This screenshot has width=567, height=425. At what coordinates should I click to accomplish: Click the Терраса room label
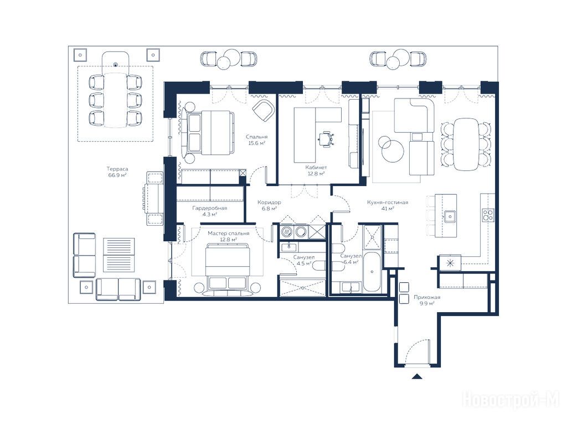point(117,169)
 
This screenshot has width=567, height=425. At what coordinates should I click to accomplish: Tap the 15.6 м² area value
point(257,143)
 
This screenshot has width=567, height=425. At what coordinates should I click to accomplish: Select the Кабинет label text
point(316,168)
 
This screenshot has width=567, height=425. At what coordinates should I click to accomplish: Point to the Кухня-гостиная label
point(388,203)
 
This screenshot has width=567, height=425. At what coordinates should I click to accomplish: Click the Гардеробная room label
point(210,208)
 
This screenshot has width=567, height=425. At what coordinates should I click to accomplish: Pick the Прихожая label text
point(427,297)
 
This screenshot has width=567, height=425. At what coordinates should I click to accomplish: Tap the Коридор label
point(269,203)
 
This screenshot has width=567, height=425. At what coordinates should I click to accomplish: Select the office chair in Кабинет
point(326,139)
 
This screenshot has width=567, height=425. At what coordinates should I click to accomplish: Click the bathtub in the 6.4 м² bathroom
point(372,272)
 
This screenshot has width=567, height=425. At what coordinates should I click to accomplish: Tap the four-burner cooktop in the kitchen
point(488,215)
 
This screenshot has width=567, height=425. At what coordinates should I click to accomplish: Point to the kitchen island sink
point(450,216)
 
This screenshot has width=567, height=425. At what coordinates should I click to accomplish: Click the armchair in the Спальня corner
point(263,110)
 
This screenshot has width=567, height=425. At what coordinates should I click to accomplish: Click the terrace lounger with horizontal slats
point(119,255)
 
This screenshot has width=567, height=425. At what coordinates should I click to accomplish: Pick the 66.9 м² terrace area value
point(117,175)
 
